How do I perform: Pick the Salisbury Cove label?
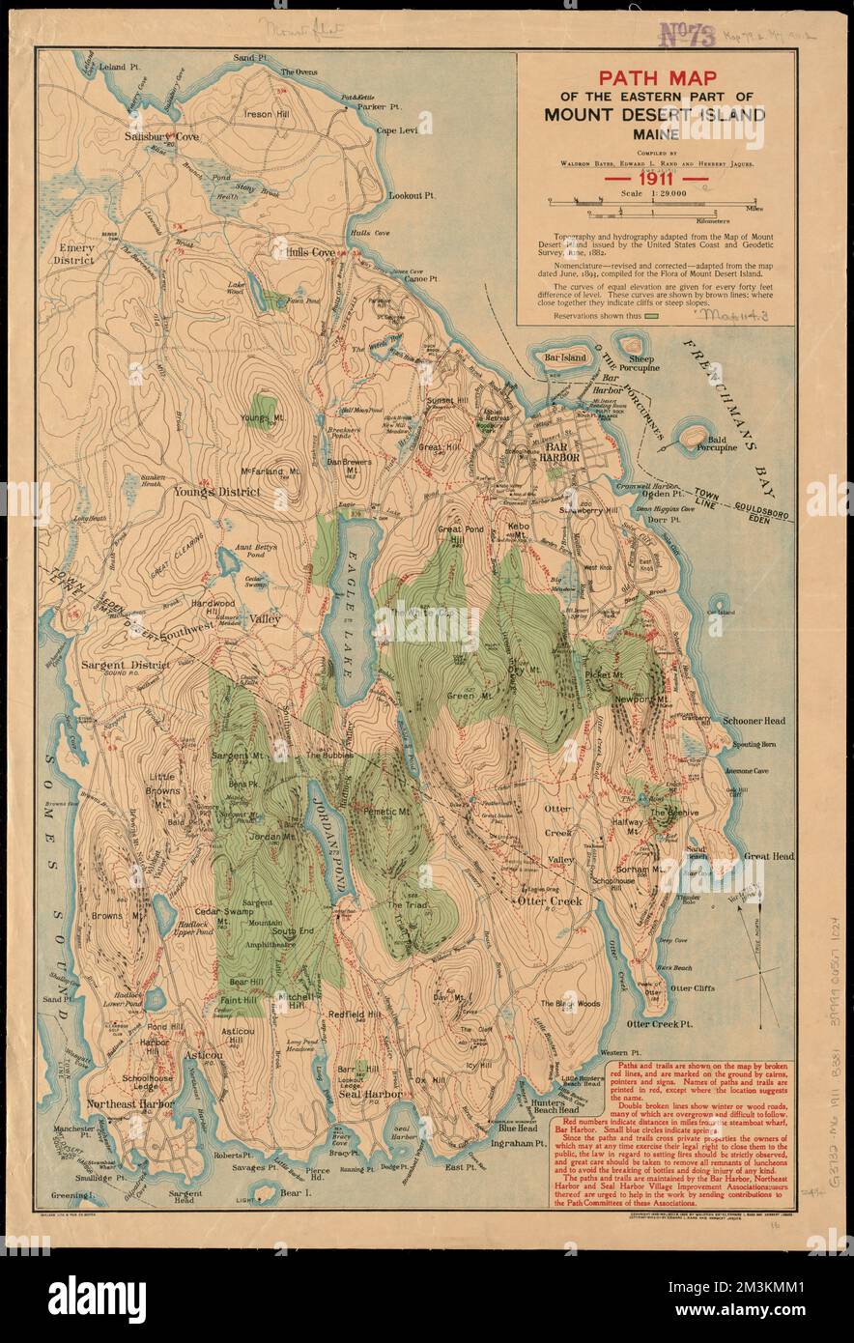coord(161,137)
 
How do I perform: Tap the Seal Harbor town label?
coord(362,1094)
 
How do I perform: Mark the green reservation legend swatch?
coord(650,315)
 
